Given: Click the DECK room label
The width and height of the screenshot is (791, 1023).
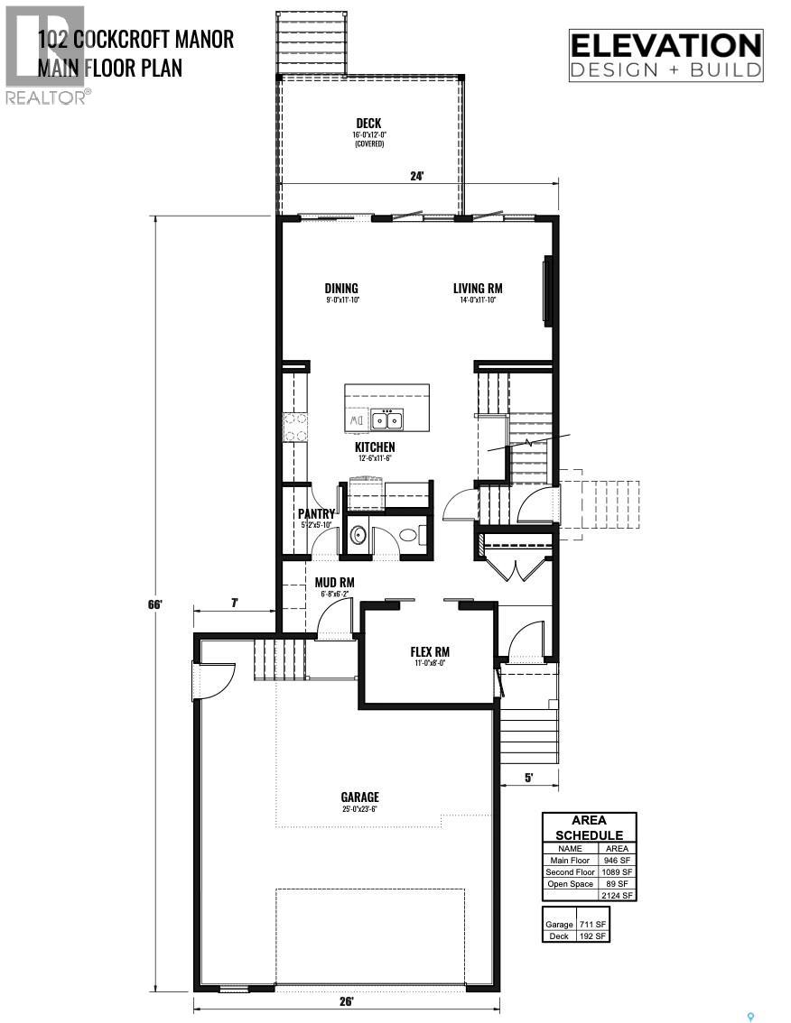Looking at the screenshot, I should tap(368, 124).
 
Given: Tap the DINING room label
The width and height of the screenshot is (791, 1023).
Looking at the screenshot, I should tap(342, 289).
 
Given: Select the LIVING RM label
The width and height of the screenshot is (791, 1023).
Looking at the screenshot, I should tap(478, 289).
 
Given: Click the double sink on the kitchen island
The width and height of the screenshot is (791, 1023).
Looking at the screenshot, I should tap(390, 419).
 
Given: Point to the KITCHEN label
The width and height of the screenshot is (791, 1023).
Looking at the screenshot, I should tap(374, 447).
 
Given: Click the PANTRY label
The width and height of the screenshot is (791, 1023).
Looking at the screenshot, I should tap(316, 514).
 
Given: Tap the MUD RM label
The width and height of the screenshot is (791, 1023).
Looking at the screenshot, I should tap(334, 583).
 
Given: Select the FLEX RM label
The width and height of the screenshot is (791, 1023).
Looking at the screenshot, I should tap(430, 652).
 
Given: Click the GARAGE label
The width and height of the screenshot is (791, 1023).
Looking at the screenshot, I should tap(359, 797).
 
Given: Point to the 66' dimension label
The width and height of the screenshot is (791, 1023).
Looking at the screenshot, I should tap(155, 604).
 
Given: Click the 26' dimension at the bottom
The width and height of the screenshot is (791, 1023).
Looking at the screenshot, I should tap(348, 1001).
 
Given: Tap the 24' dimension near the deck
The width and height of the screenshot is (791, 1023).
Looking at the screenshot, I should tap(416, 177).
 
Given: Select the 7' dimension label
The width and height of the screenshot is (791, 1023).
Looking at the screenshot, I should tap(234, 602).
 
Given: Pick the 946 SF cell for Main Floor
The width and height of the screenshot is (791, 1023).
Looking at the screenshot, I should tap(617, 861).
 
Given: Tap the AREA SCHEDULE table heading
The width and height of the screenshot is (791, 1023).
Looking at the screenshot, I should tap(589, 827).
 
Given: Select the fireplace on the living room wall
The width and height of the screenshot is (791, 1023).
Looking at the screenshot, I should tap(547, 290).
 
